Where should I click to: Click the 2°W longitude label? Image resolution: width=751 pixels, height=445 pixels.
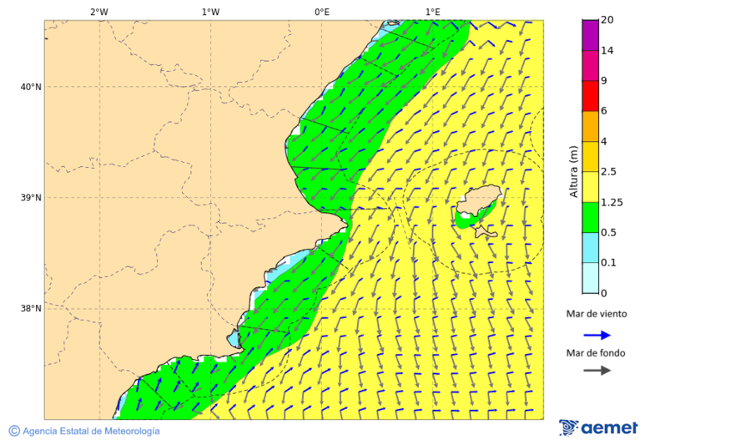98,12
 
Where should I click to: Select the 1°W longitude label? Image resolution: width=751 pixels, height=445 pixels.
210,12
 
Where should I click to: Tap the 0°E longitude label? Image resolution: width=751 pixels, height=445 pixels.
321,12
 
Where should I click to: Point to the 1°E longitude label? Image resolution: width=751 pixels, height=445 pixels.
432,12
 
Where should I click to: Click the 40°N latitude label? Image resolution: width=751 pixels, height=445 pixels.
31,87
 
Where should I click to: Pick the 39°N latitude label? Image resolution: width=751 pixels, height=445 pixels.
31,198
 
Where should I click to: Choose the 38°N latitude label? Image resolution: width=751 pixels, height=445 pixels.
31,309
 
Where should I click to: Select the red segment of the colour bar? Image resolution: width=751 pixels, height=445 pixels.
590,96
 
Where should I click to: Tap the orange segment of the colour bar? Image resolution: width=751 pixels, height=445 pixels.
590,126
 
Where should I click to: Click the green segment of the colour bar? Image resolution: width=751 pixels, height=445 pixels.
590,217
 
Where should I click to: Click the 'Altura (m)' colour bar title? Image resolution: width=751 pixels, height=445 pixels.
573,171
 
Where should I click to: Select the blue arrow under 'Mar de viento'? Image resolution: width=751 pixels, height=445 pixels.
597,334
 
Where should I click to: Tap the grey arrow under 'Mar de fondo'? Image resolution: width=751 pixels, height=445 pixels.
597,371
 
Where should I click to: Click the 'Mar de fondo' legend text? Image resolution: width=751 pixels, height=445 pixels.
595,352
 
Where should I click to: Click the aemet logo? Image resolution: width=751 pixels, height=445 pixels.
598,428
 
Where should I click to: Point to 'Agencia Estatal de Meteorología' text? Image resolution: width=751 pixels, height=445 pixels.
90,431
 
